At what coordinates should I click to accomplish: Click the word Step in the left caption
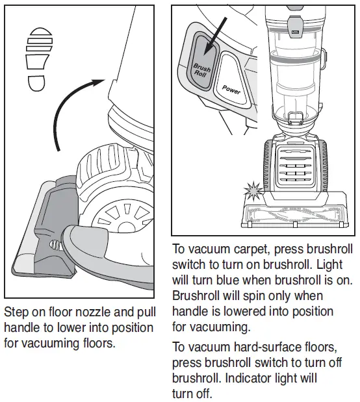17,312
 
